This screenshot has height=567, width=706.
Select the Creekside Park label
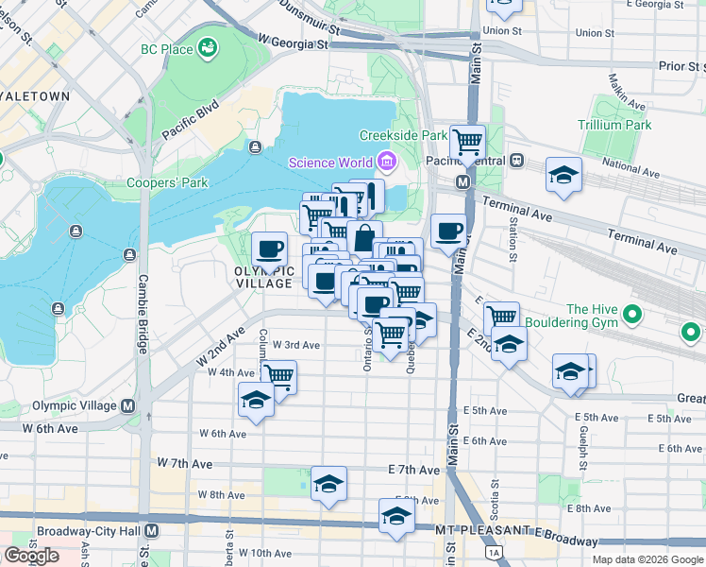pyautogui.click(x=403, y=136)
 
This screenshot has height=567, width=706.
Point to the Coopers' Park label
pyautogui.click(x=168, y=182)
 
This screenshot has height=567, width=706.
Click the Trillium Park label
pyautogui.click(x=614, y=125)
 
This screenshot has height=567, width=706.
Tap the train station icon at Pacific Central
pyautogui.click(x=516, y=161)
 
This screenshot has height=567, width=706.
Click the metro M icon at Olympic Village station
pyautogui.click(x=127, y=405)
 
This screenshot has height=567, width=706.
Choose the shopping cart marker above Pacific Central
pyautogui.click(x=467, y=143)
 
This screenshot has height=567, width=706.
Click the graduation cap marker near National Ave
pyautogui.click(x=563, y=176)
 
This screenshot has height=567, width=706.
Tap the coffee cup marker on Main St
pyautogui.click(x=449, y=231)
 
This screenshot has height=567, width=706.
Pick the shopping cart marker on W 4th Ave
pyautogui.click(x=277, y=376)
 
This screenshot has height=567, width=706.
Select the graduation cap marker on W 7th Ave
pyautogui.click(x=328, y=483)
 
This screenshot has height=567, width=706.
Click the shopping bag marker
pyautogui.click(x=364, y=237)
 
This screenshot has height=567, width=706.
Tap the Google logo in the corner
pyautogui.click(x=31, y=556)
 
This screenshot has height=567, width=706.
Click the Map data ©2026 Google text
pyautogui.click(x=647, y=559)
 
